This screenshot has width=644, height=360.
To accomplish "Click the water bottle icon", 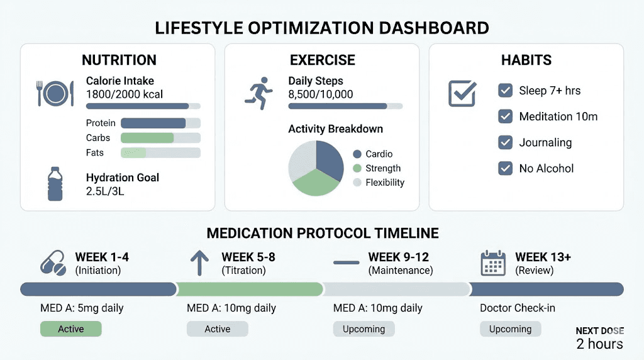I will tap(55, 184).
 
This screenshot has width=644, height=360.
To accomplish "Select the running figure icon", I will tap(259, 94).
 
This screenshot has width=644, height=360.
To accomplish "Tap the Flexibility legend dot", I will tap(357, 183).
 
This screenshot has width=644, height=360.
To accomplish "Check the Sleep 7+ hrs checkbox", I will tap(505, 91).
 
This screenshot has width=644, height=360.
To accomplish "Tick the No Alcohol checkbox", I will tap(505, 168).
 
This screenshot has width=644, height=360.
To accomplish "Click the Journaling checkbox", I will tap(505, 142).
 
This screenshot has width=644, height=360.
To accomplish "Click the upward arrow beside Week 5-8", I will tap(199, 263).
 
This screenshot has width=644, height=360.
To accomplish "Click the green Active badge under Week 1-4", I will tap(70, 329).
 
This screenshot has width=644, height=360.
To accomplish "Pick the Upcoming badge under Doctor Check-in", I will tap(510, 329).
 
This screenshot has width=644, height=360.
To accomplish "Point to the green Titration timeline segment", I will tap(250, 289).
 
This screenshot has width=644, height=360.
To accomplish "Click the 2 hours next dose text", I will tap(599, 344).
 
